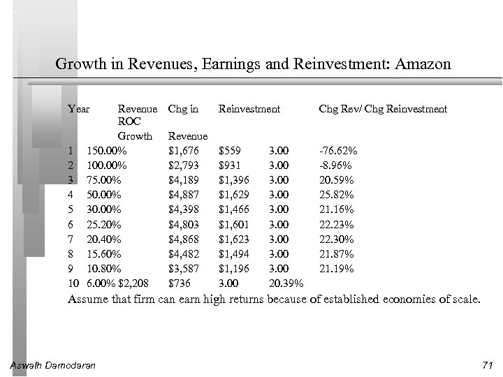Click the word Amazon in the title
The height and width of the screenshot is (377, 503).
pyautogui.click(x=423, y=65)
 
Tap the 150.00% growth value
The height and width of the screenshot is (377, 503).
pyautogui.click(x=107, y=151)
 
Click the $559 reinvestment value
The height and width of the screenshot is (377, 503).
pyautogui.click(x=231, y=151)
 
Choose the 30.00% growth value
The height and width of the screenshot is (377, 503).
pyautogui.click(x=104, y=209)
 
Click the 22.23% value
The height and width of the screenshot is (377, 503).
pyautogui.click(x=337, y=224)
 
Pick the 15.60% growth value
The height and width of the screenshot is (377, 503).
pyautogui.click(x=104, y=253)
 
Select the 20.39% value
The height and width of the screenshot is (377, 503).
pyautogui.click(x=286, y=283)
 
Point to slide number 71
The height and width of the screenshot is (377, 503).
pyautogui.click(x=487, y=365)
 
